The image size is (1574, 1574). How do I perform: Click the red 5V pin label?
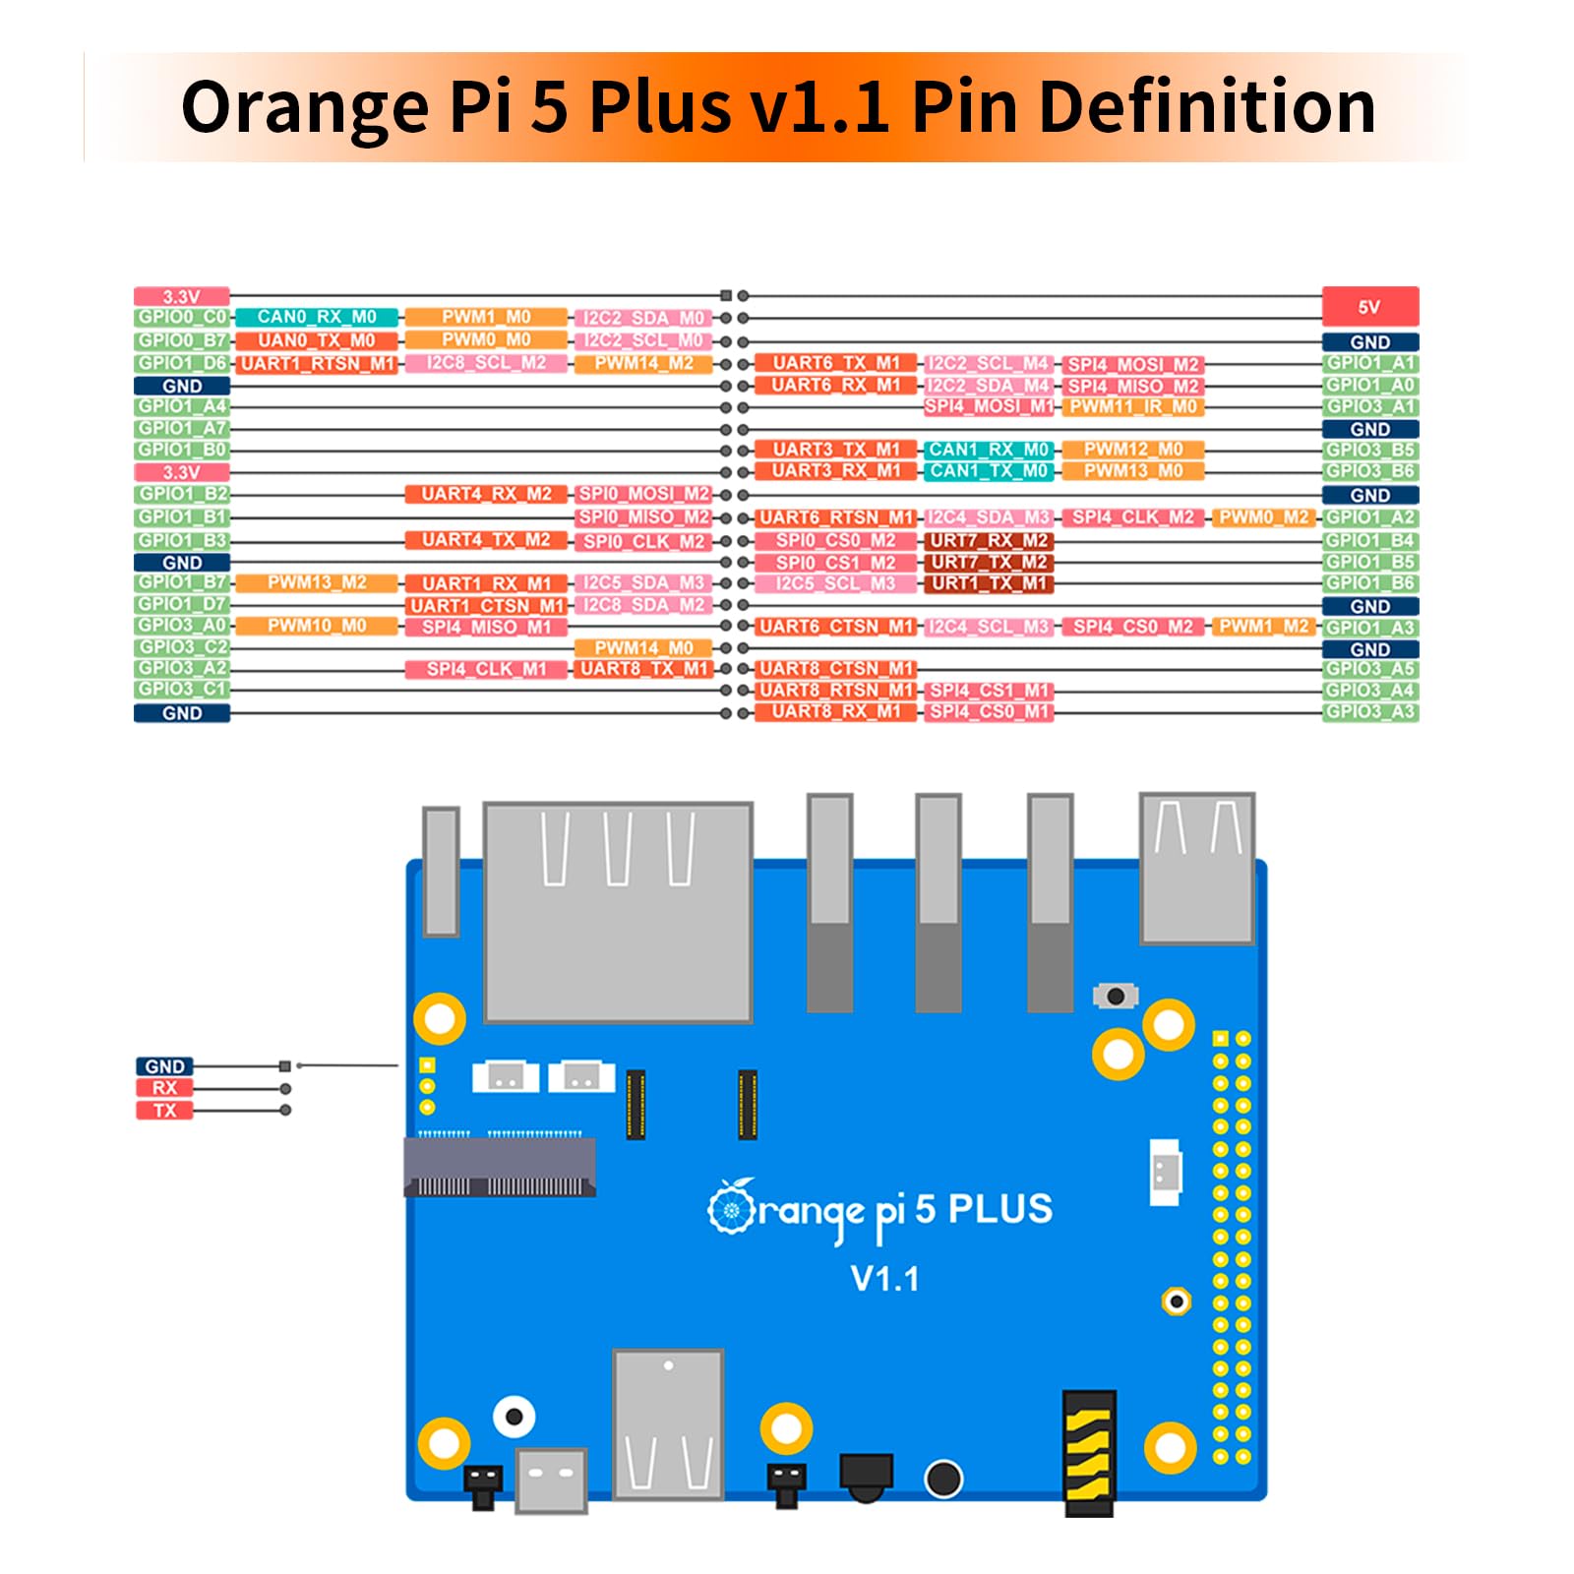(1369, 306)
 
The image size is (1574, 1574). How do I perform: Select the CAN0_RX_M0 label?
(317, 317)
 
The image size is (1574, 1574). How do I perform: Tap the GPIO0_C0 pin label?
(182, 317)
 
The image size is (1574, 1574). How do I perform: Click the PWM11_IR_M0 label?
(1132, 406)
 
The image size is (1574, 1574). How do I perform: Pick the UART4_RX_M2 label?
(486, 494)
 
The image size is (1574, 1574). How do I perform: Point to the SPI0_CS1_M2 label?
(835, 563)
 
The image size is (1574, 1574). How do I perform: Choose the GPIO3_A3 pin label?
(1369, 711)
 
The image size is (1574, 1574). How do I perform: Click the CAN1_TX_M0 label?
(989, 471)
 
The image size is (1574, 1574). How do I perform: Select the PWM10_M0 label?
(317, 626)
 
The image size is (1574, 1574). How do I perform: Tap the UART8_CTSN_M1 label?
(835, 669)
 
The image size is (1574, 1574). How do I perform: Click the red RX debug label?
(164, 1088)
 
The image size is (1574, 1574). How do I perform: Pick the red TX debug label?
(164, 1111)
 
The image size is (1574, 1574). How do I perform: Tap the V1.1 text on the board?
(884, 1279)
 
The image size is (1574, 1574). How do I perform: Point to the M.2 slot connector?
(500, 1168)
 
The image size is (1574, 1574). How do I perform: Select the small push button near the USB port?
(1115, 996)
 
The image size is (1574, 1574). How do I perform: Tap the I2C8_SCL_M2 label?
(486, 363)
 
